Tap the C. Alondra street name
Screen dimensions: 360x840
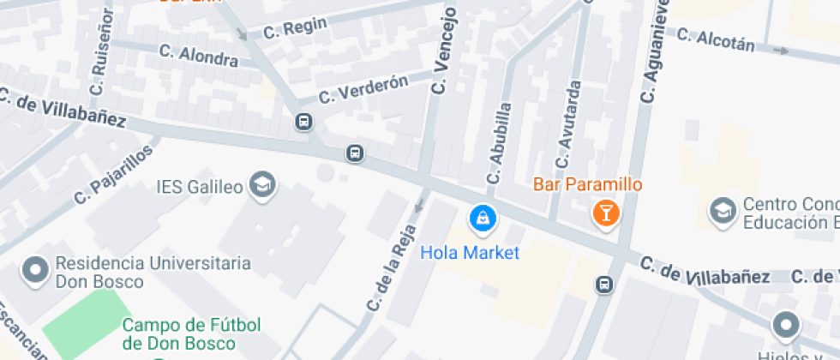(x=198, y=55)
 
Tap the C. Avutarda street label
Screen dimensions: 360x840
(x=569, y=124)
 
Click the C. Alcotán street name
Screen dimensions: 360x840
(x=716, y=40)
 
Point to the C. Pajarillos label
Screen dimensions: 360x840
(x=113, y=174)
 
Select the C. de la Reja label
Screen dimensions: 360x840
(x=390, y=267)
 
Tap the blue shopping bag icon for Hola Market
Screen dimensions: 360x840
(x=482, y=219)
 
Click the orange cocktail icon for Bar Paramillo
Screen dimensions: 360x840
(x=606, y=213)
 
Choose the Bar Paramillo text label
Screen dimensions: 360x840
(x=587, y=184)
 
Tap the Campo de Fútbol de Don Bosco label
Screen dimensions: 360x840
(x=190, y=334)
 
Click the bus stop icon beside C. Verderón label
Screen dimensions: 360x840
(x=303, y=121)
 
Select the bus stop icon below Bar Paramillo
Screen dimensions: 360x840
(x=604, y=284)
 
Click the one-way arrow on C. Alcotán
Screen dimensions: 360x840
(x=780, y=51)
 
